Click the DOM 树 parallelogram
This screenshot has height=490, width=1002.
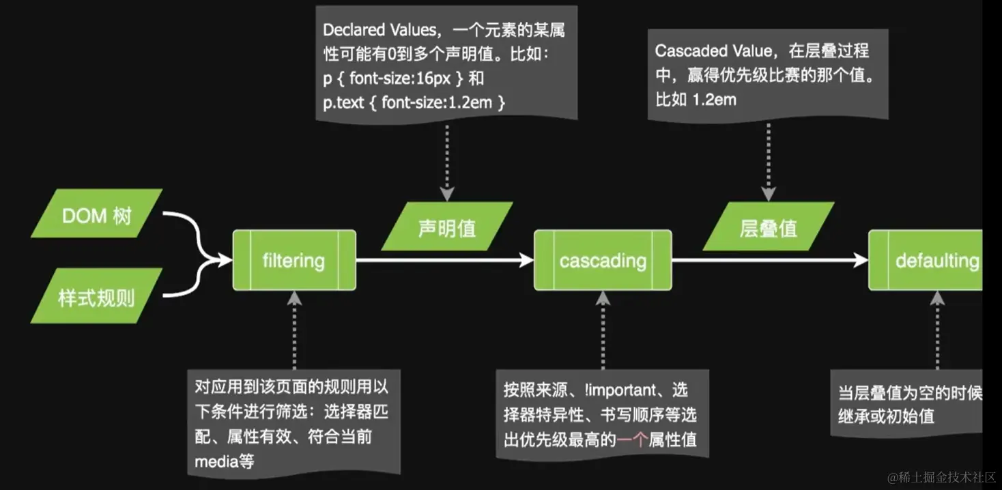pyautogui.click(x=96, y=216)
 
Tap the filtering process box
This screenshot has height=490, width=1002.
pyautogui.click(x=294, y=260)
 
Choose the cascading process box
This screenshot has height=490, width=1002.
pyautogui.click(x=603, y=260)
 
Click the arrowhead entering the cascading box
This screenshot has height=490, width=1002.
pyautogui.click(x=526, y=260)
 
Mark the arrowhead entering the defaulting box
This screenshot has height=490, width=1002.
pyautogui.click(x=861, y=260)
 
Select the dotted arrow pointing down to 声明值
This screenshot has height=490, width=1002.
pyautogui.click(x=447, y=160)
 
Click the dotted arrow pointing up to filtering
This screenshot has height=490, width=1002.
pyautogui.click(x=294, y=328)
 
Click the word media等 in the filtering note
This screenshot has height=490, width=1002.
pyautogui.click(x=224, y=461)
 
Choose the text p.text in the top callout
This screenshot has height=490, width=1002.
pyautogui.click(x=346, y=102)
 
